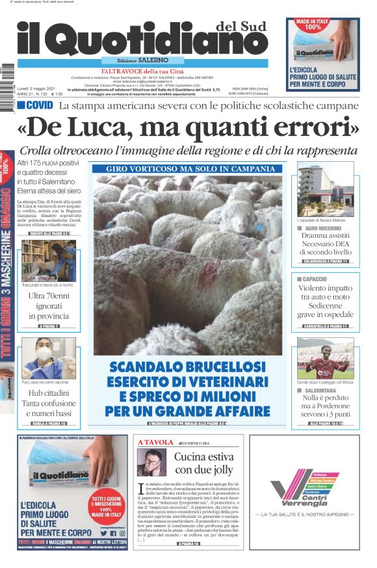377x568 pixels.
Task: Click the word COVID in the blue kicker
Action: point(40,105)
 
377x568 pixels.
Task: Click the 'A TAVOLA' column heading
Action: point(154,442)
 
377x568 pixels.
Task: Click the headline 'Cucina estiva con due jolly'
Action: point(203,463)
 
